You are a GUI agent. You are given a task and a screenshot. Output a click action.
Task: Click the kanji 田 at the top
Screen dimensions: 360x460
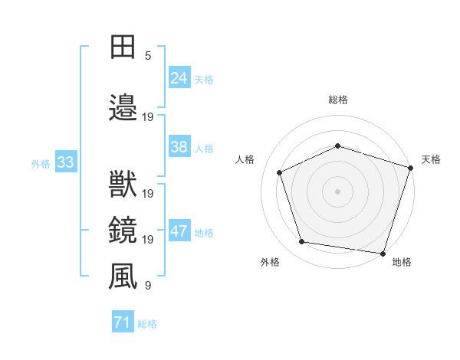(x=123, y=47)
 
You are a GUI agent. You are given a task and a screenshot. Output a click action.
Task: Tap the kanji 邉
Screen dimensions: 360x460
(x=123, y=107)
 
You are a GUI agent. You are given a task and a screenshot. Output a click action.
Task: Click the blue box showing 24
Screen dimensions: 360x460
(x=179, y=77)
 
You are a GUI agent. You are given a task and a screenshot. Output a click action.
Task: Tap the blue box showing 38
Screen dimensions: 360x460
(x=179, y=147)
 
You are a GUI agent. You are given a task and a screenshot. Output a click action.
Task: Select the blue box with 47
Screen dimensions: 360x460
(x=179, y=231)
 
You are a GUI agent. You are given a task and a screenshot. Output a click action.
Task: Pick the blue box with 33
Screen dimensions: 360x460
(x=65, y=162)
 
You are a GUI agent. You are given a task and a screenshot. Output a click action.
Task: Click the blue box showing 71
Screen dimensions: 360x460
(x=123, y=322)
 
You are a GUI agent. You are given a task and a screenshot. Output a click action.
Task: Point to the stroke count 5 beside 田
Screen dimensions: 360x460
(x=148, y=56)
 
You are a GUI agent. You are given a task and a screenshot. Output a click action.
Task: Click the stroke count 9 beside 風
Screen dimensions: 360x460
(x=148, y=286)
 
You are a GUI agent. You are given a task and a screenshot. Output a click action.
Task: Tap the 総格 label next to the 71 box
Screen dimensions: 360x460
(x=147, y=324)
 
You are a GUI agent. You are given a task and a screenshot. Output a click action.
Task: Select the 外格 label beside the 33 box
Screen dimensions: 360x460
(x=41, y=163)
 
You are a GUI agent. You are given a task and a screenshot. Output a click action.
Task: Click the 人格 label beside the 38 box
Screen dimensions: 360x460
(x=204, y=149)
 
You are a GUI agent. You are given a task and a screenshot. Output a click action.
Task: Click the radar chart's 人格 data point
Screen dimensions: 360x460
(x=280, y=172)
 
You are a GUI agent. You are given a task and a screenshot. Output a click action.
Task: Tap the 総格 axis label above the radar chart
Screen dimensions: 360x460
(x=338, y=100)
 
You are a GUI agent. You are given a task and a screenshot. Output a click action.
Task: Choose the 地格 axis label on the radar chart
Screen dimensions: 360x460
(x=402, y=262)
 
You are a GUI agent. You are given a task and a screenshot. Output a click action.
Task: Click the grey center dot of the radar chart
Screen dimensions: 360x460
(x=338, y=191)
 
